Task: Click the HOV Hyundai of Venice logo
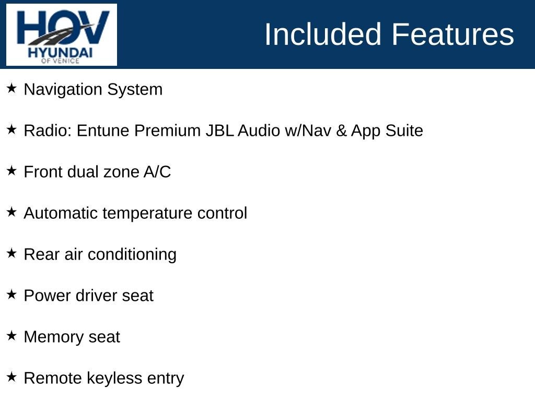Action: (62, 34)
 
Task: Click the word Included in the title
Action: (323, 34)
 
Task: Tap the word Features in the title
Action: (452, 34)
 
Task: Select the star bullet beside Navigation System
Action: (11, 88)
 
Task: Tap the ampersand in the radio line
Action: (341, 131)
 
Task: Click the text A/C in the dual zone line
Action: (157, 172)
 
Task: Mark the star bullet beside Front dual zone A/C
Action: (11, 171)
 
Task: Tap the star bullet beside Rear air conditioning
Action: (11, 253)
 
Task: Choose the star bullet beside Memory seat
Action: (11, 336)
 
